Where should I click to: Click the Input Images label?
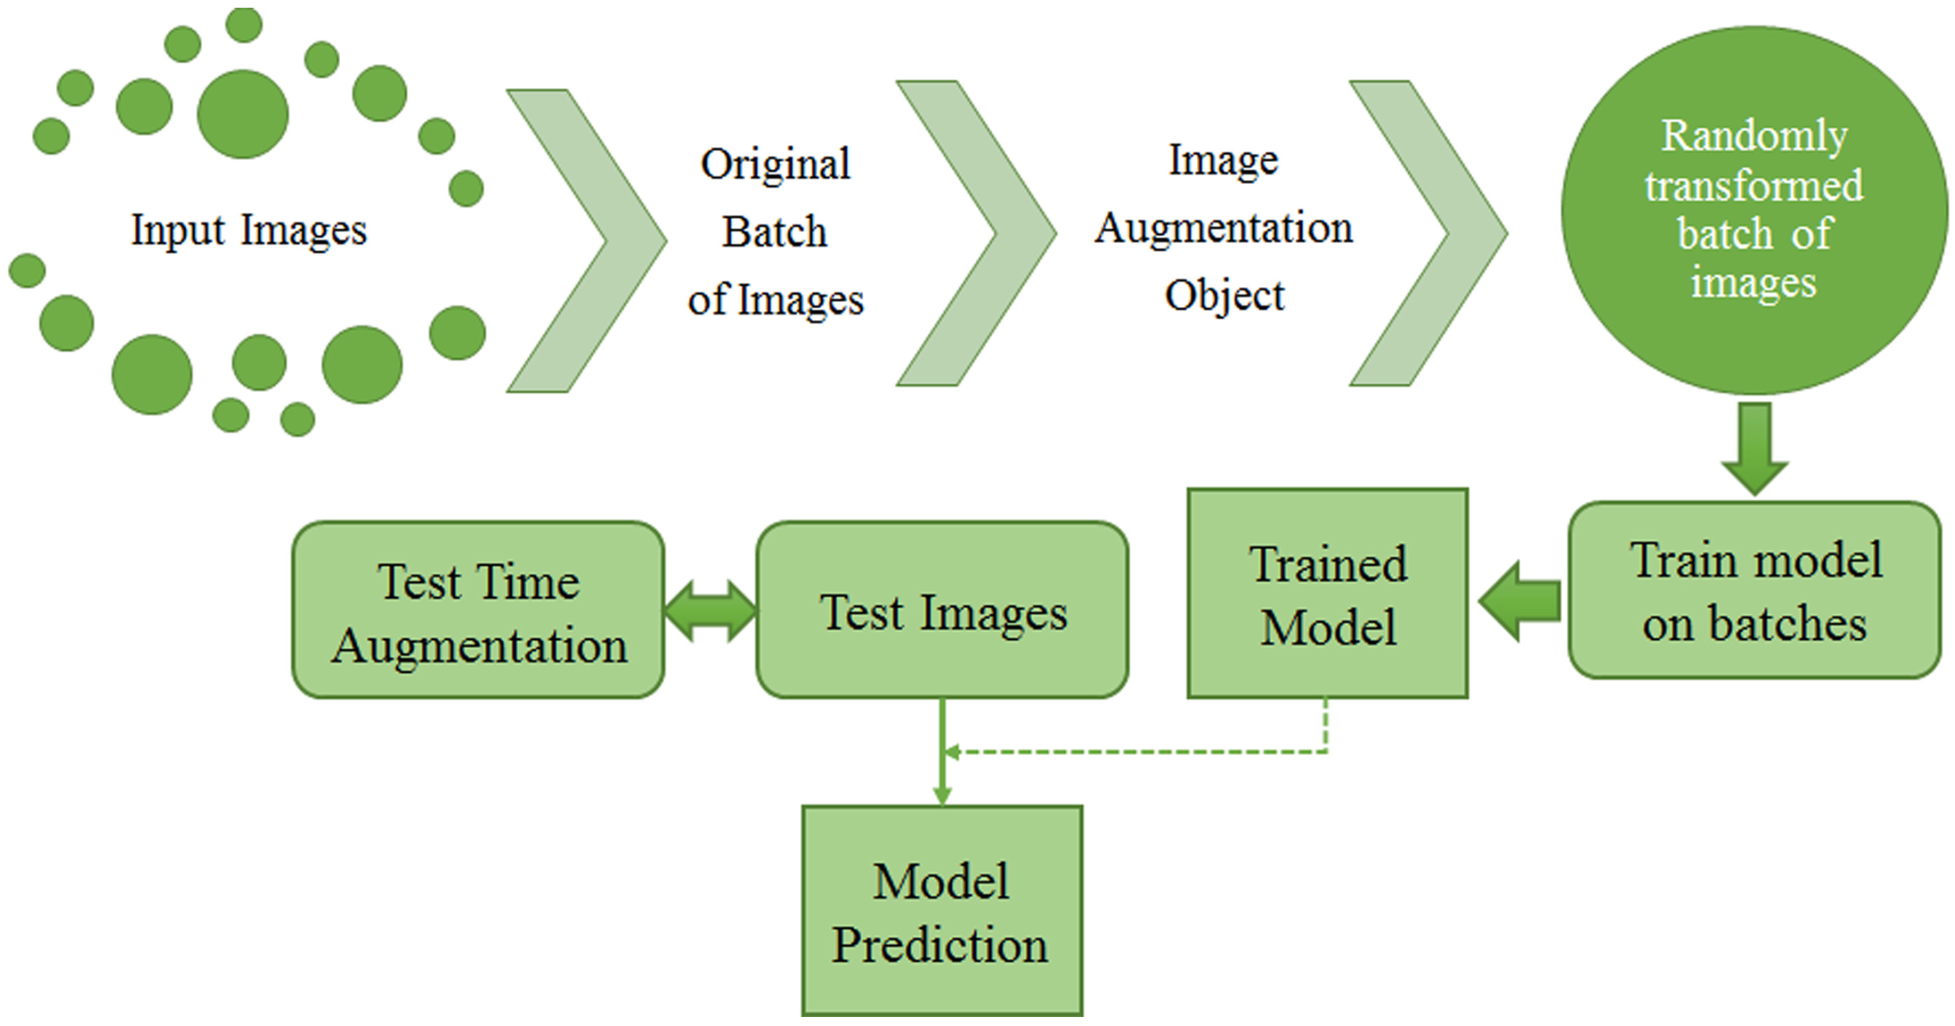pyautogui.click(x=249, y=230)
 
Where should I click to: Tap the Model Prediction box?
pyautogui.click(x=942, y=910)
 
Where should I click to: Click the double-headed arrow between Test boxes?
pyautogui.click(x=710, y=610)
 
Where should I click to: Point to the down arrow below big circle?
pyautogui.click(x=1754, y=448)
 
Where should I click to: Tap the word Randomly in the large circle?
pyautogui.click(x=1754, y=136)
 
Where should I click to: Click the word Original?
pyautogui.click(x=775, y=163)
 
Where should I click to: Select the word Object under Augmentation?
pyautogui.click(x=1224, y=294)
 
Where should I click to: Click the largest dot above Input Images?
pyautogui.click(x=243, y=114)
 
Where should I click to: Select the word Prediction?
pyautogui.click(x=939, y=944)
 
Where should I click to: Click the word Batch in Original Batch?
pyautogui.click(x=774, y=231)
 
